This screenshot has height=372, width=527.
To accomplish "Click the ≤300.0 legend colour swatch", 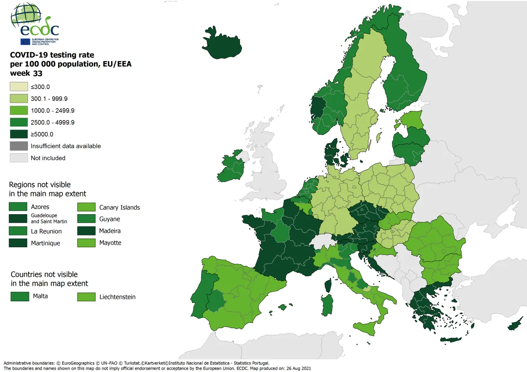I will click(x=19, y=87).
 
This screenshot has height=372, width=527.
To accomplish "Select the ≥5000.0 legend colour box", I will click(x=19, y=134).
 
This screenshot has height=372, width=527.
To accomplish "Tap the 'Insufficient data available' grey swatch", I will click(x=19, y=146).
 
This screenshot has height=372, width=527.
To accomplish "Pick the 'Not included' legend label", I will click(x=48, y=158).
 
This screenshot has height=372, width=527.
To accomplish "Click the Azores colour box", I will click(x=18, y=207).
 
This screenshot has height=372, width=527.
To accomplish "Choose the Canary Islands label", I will click(x=119, y=207).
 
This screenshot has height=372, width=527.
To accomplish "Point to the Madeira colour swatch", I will click(x=86, y=231).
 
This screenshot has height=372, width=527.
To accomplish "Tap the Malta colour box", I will click(x=20, y=296).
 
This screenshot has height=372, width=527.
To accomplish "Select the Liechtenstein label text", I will click(x=117, y=297).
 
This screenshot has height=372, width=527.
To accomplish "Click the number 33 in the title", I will click(x=38, y=73).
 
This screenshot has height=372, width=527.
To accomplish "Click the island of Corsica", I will click(x=328, y=284).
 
